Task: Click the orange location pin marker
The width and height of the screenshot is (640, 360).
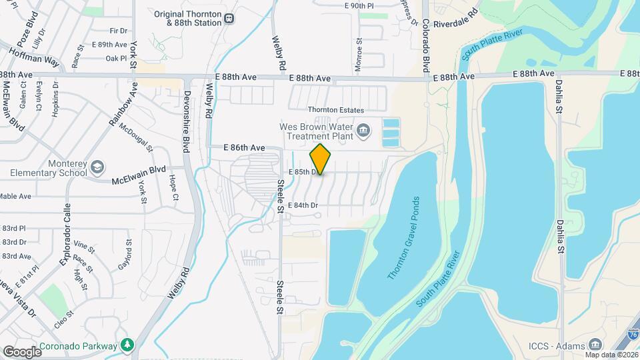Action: [321, 159]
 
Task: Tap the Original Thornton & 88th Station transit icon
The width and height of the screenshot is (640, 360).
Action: [229, 19]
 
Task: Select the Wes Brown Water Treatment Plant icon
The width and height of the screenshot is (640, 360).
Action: [363, 129]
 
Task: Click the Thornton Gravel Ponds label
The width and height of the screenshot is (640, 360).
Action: [403, 238]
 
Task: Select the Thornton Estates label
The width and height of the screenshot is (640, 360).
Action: [335, 110]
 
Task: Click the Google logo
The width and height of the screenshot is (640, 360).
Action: [23, 351]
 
